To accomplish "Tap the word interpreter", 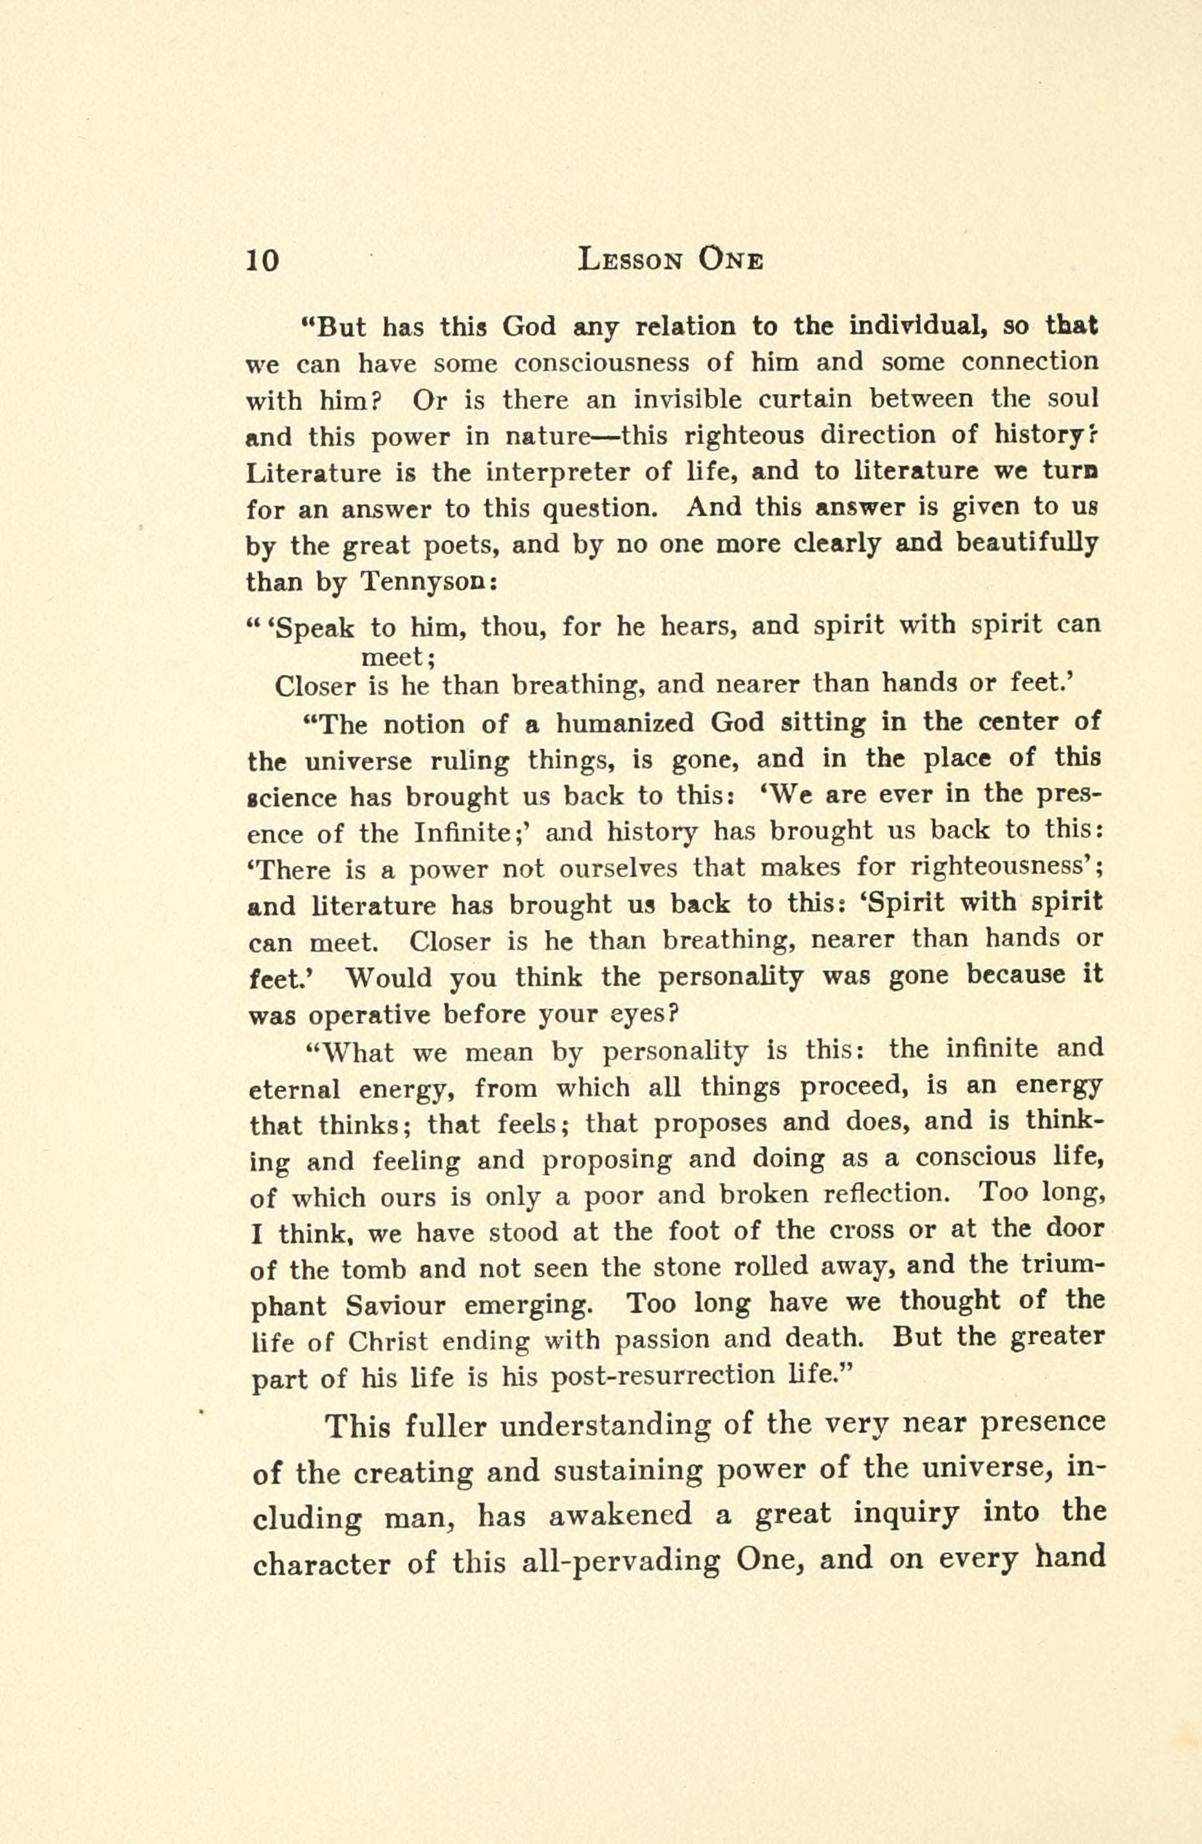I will click(551, 472).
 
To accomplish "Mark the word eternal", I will click(294, 1089).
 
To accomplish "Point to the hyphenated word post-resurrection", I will click(662, 1376).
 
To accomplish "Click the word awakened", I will click(620, 1514).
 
